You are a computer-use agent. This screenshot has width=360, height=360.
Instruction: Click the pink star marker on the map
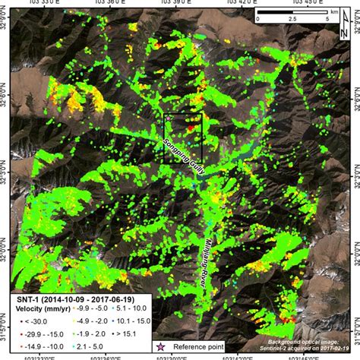pyautogui.click(x=166, y=118)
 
